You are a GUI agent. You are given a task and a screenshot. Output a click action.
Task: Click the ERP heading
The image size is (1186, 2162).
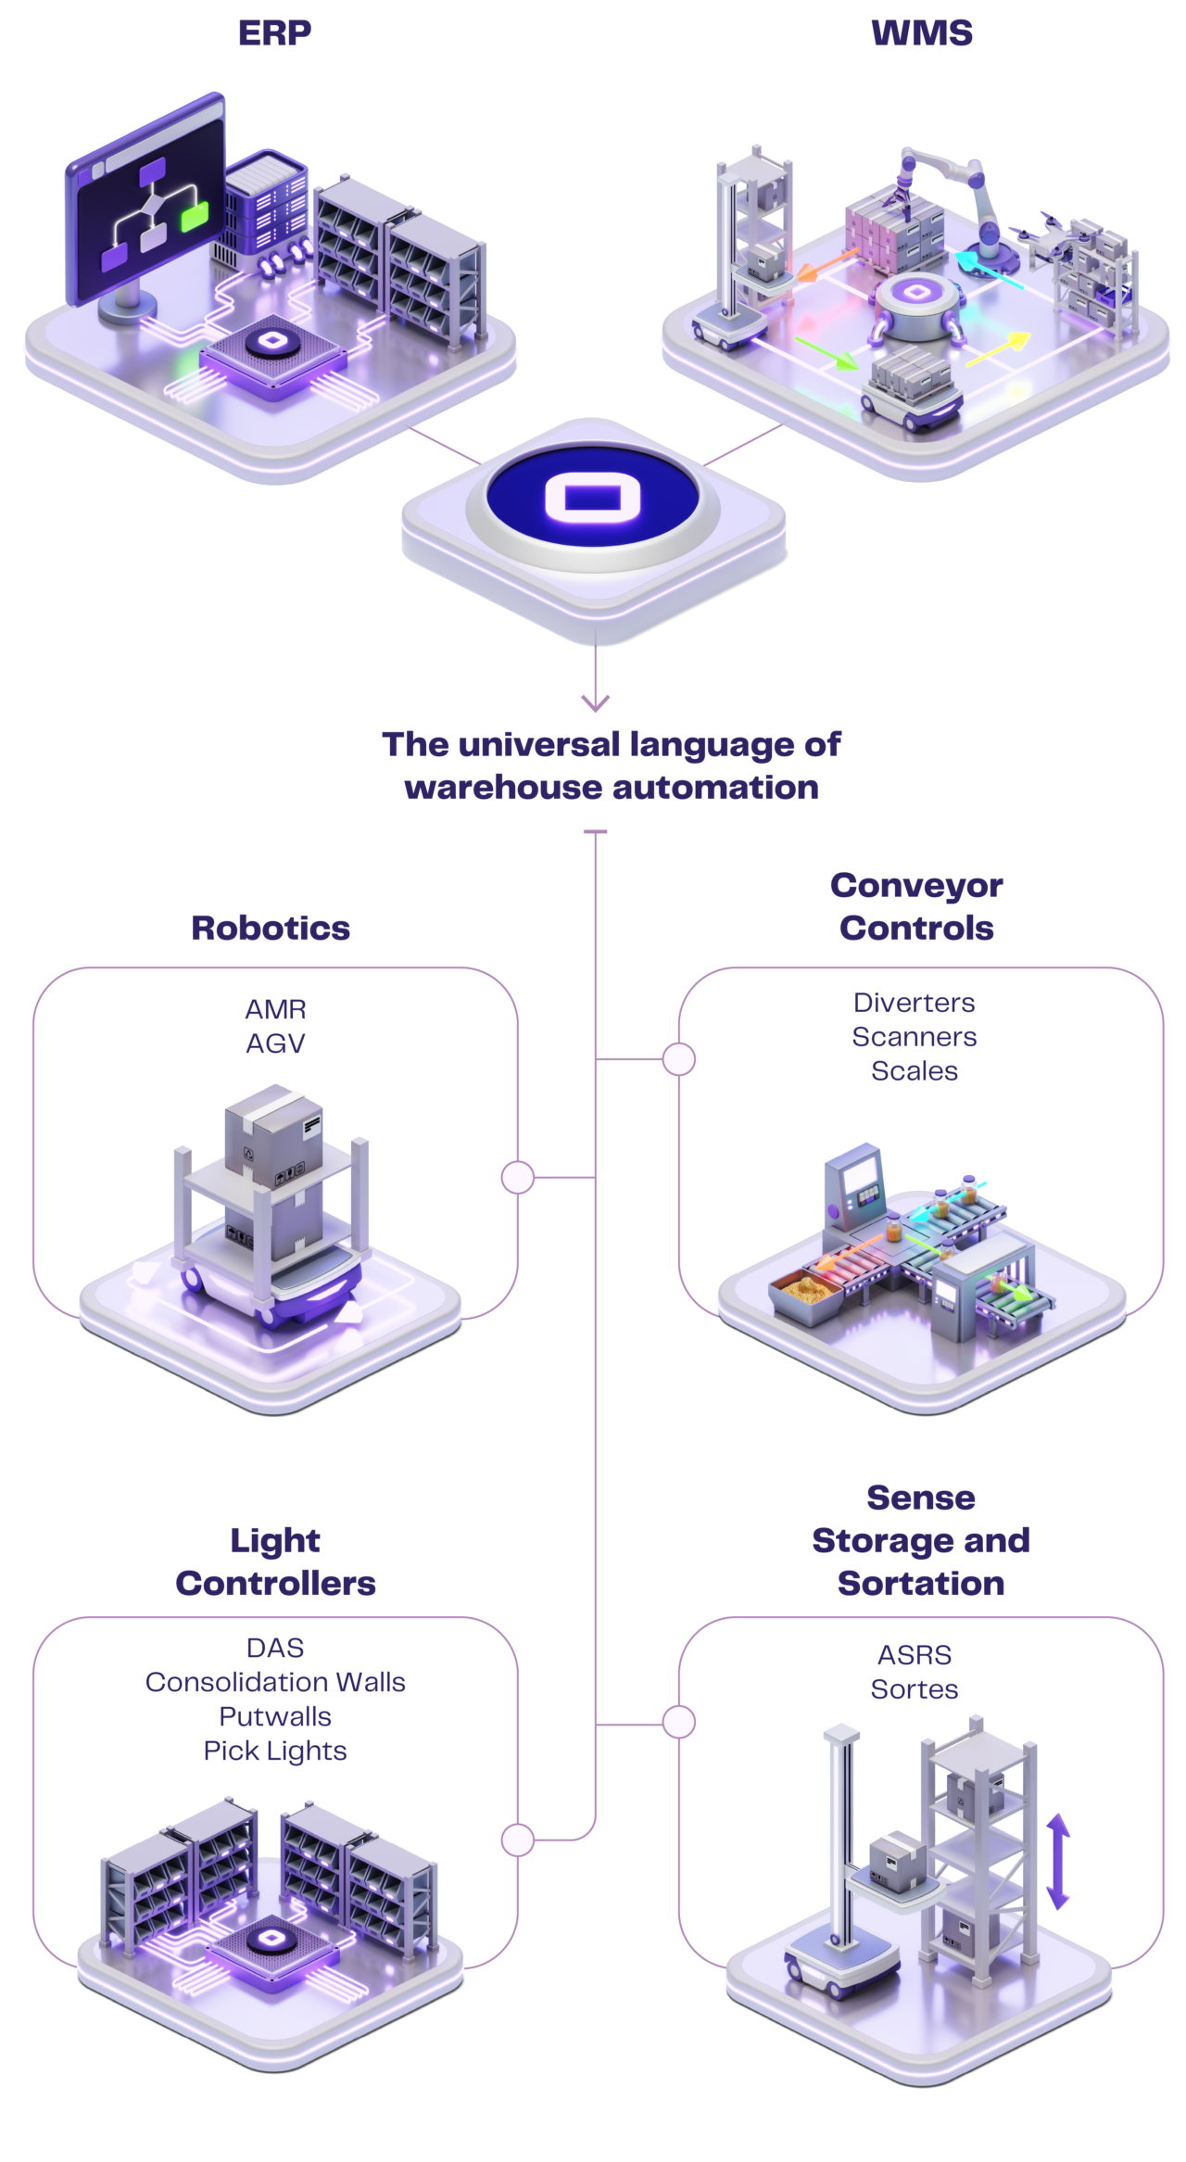click(274, 33)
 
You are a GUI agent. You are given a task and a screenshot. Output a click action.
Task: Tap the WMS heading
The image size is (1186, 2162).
click(921, 33)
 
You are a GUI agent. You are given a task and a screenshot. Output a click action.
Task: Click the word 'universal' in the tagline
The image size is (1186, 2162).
click(538, 743)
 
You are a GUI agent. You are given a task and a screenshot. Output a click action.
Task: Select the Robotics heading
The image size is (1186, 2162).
click(271, 928)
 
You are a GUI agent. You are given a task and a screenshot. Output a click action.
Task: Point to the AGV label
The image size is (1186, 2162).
click(275, 1043)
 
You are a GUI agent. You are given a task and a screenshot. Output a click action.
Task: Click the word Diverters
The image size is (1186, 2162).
click(915, 1003)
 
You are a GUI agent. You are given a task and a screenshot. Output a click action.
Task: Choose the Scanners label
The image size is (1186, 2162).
click(915, 1037)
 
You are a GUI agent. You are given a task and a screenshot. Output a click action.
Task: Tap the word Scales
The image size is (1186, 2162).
click(915, 1071)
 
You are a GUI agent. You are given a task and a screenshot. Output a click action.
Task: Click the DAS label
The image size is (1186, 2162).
click(275, 1648)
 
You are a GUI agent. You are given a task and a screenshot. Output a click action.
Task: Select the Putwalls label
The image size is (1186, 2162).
click(275, 1716)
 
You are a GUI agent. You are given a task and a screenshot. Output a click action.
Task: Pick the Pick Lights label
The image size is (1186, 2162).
click(275, 1751)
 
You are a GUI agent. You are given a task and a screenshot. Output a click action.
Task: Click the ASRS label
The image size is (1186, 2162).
click(915, 1655)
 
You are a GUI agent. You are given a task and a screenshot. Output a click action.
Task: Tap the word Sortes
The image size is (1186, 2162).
click(915, 1689)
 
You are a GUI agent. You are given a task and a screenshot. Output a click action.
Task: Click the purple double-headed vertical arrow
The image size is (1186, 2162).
click(1058, 1862)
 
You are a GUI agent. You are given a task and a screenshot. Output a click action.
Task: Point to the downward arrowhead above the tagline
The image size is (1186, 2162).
click(595, 702)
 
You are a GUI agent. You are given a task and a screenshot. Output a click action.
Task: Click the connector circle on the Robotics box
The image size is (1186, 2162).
click(518, 1178)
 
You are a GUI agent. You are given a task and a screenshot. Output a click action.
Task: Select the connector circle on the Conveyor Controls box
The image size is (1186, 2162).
click(679, 1059)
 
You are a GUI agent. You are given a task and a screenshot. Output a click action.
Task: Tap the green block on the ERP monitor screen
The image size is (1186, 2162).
click(195, 218)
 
